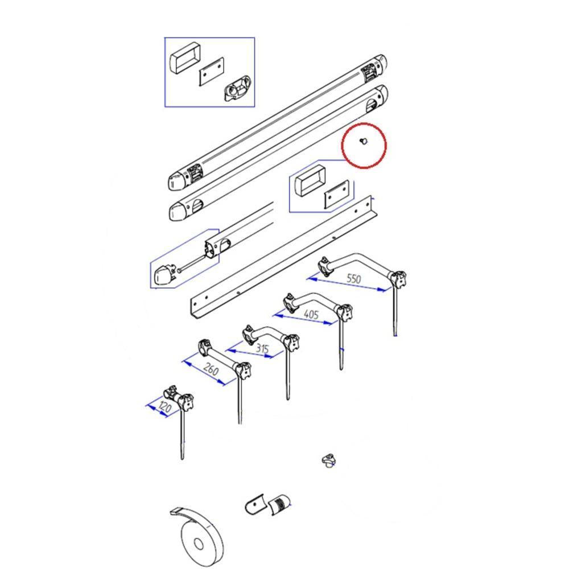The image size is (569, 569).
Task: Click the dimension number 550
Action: pos(354,279)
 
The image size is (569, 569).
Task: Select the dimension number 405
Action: pos(311,314)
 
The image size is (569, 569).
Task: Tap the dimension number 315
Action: pos(262,349)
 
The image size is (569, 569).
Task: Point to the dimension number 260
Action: pos(211,369)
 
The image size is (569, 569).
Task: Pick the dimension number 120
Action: pos(164,407)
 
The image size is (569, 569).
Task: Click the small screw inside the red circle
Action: pos(363,141)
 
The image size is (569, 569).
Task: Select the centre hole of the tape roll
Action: pos(198,544)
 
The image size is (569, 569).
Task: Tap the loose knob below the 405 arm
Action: pos(328,461)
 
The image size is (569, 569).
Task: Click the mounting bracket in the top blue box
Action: pos(237,88)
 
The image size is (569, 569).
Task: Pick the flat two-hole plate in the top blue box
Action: pos(212,72)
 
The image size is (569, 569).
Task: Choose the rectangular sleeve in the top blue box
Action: pos(185,58)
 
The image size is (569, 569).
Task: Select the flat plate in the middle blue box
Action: pos(336,195)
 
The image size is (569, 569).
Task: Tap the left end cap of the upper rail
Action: pos(177,181)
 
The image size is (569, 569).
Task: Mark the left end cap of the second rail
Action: pos(178,211)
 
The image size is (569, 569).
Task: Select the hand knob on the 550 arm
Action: pos(398,279)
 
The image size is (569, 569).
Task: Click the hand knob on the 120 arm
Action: pos(185,401)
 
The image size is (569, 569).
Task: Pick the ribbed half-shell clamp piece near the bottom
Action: pos(279,504)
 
